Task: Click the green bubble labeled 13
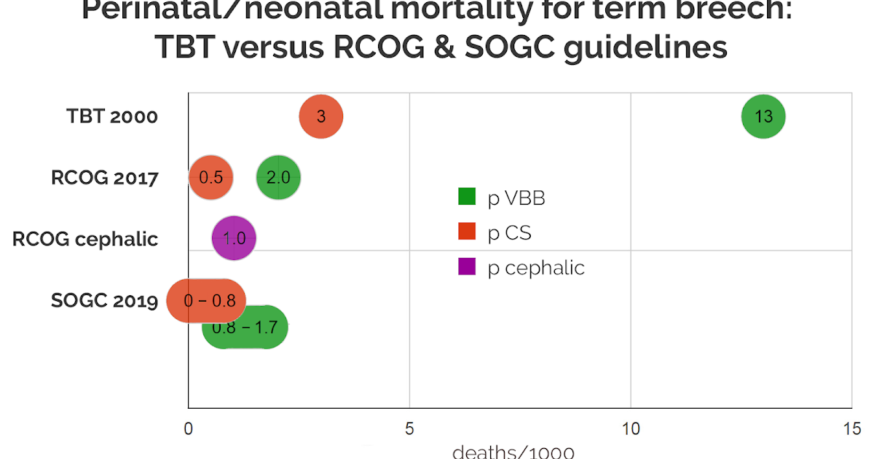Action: point(763,117)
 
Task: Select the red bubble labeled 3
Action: point(321,117)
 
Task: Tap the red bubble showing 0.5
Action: point(210,178)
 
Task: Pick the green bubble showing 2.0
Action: point(278,178)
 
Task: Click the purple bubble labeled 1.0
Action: point(234,238)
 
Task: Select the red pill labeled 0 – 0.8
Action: point(206,300)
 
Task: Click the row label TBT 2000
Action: point(112,117)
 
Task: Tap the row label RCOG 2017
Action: point(104,178)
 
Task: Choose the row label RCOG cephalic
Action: point(85,239)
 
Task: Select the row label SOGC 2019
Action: point(104,300)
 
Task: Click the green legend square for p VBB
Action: point(467,197)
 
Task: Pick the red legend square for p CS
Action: point(467,232)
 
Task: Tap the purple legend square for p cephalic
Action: point(467,267)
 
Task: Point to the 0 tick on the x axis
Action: point(189,429)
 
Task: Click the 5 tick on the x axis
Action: point(409,429)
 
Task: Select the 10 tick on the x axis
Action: point(630,429)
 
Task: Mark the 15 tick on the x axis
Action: point(851,429)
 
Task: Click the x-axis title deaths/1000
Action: point(513,452)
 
